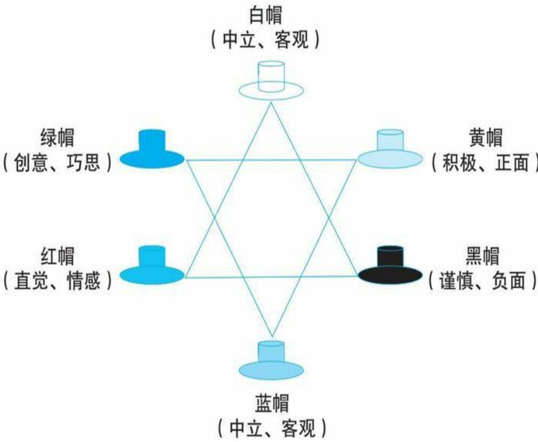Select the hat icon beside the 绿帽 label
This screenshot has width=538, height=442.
pos(151,150)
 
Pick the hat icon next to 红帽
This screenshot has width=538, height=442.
pos(151,265)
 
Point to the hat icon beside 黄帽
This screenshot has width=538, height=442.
pos(390,149)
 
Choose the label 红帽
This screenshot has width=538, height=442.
pos(56,256)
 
